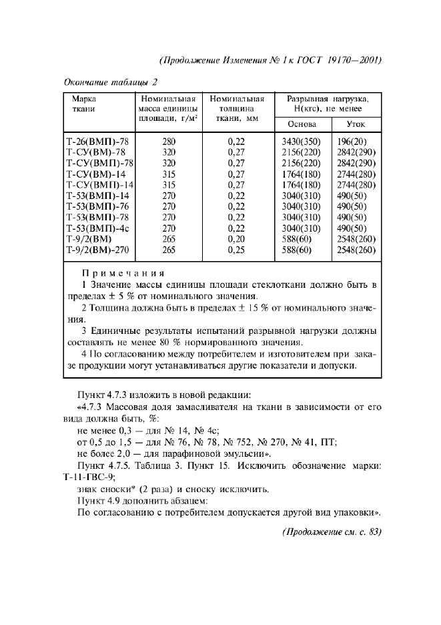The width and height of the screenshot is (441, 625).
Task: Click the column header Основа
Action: (302, 124)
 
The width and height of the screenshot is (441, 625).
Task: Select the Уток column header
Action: (356, 124)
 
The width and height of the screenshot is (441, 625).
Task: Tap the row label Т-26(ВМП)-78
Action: (99, 142)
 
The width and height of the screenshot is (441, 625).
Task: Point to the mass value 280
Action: (169, 142)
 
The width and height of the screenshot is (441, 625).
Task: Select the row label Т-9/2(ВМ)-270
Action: (97, 250)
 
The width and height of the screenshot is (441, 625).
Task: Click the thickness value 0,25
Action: (236, 250)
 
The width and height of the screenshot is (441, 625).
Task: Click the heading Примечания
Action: (122, 273)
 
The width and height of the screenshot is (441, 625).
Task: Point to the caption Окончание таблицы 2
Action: (110, 82)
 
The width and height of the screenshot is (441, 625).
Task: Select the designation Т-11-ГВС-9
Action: (88, 477)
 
